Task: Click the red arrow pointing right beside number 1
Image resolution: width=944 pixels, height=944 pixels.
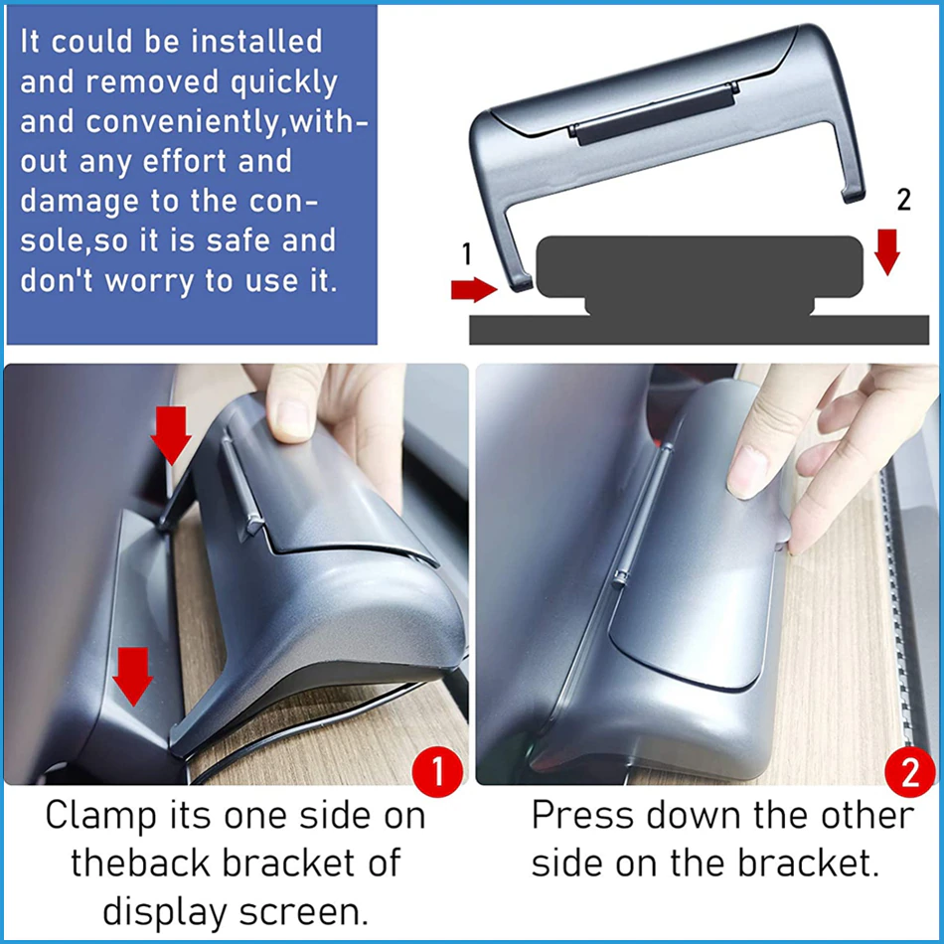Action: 474,289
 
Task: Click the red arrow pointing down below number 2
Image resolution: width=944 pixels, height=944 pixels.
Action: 886,251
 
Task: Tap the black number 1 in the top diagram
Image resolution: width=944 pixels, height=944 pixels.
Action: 467,253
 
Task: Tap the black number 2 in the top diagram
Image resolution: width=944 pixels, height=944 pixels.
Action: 903,200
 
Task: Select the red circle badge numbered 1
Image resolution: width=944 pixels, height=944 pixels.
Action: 437,771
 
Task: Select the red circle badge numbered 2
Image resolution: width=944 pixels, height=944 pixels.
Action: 909,772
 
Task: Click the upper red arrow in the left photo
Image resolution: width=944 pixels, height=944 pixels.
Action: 171,434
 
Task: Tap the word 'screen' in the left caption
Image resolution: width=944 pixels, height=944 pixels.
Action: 303,912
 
